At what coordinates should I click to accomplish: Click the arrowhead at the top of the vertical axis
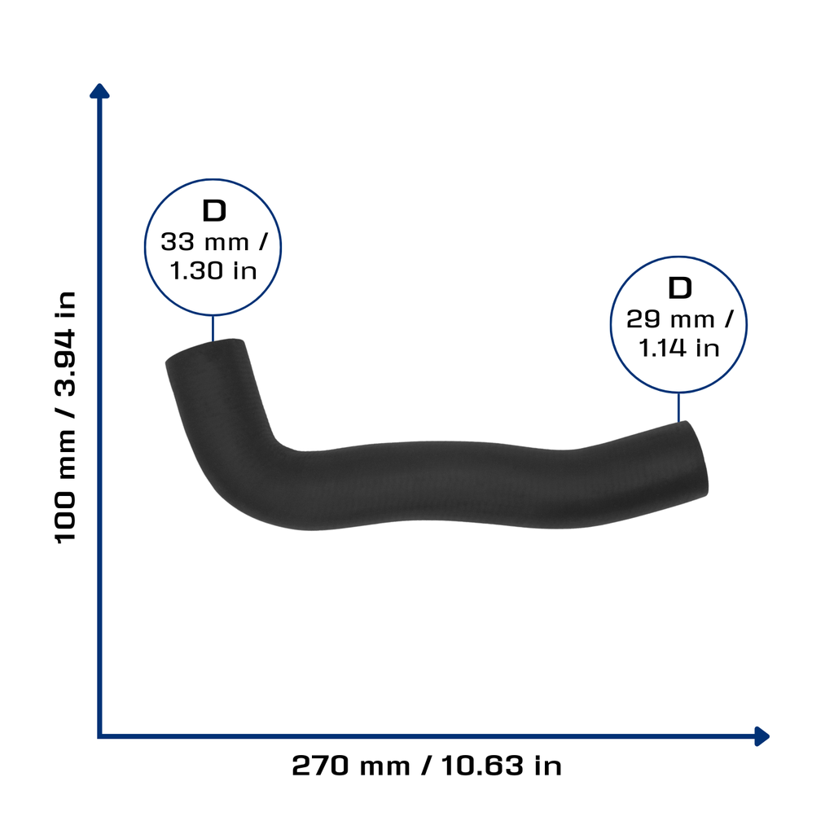99,91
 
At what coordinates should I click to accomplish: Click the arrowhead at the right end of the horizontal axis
762,736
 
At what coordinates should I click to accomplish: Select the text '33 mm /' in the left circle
214,242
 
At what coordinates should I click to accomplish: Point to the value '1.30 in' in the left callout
213,270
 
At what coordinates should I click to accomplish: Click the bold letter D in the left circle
214,211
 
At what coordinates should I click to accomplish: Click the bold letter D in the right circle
680,288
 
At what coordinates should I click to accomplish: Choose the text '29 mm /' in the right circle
679,319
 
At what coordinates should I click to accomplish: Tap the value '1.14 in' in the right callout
678,349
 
